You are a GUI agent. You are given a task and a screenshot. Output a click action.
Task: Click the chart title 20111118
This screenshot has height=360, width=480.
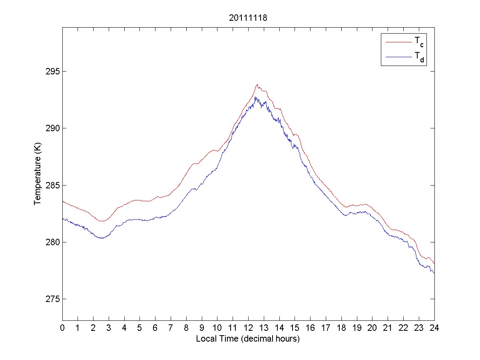pyautogui.click(x=248, y=18)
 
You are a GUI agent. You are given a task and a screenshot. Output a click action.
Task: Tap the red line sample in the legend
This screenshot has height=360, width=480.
pyautogui.click(x=398, y=42)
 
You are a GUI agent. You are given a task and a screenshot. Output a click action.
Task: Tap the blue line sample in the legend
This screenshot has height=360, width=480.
pyautogui.click(x=398, y=58)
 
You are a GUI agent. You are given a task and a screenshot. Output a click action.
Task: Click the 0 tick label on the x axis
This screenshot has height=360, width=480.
pyautogui.click(x=62, y=328)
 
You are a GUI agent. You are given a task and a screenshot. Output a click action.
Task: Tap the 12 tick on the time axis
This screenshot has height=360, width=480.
pyautogui.click(x=248, y=328)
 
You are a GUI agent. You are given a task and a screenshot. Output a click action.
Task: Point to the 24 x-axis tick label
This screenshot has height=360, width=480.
pyautogui.click(x=434, y=328)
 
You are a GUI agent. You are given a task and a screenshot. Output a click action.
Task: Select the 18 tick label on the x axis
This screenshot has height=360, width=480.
pyautogui.click(x=341, y=328)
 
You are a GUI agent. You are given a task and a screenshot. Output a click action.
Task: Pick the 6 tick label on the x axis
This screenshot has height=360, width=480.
pyautogui.click(x=155, y=328)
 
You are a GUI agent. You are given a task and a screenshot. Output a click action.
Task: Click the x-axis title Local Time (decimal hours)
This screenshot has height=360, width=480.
pyautogui.click(x=248, y=339)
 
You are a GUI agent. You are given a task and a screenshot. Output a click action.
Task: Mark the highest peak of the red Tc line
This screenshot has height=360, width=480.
pyautogui.click(x=258, y=84)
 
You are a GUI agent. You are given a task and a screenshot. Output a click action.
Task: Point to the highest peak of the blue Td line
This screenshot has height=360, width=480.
pyautogui.click(x=255, y=97)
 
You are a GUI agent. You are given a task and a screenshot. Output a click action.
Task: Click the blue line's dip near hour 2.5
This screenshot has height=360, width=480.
pyautogui.click(x=102, y=238)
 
